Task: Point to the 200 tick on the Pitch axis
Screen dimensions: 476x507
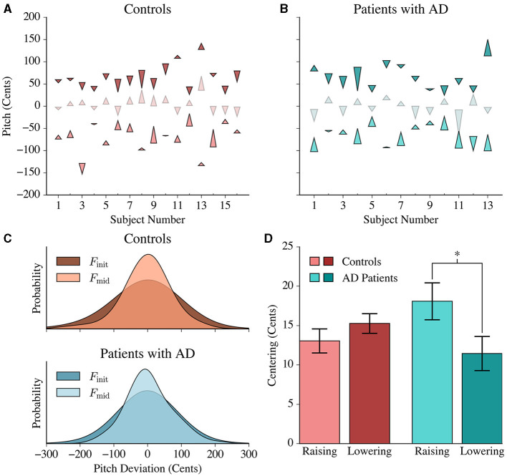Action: [x=30, y=17]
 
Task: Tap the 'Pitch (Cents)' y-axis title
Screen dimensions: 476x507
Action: [x=6, y=105]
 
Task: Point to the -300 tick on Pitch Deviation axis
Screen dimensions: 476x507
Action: [x=47, y=455]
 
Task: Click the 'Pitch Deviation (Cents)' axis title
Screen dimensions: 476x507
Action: [x=148, y=469]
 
